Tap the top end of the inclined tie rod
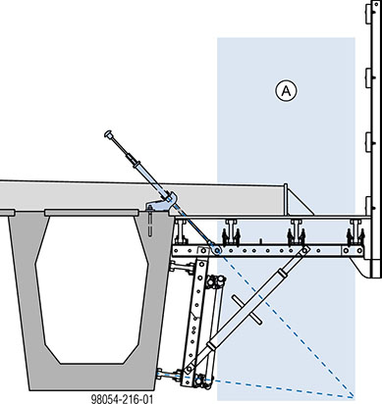110,132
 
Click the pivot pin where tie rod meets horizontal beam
212,251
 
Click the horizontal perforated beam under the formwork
265,252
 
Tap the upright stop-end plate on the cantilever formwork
287,203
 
